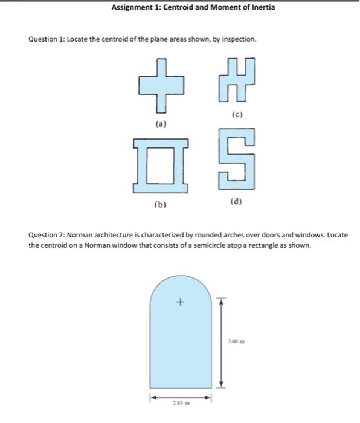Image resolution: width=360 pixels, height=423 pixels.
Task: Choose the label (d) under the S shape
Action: (236, 202)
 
